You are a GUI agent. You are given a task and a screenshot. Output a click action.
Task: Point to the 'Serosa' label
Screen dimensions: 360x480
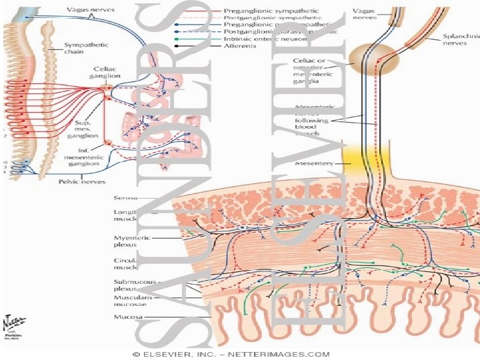pos(123,197)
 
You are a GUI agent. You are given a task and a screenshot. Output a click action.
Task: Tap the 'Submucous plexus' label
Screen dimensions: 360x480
pos(126,285)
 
